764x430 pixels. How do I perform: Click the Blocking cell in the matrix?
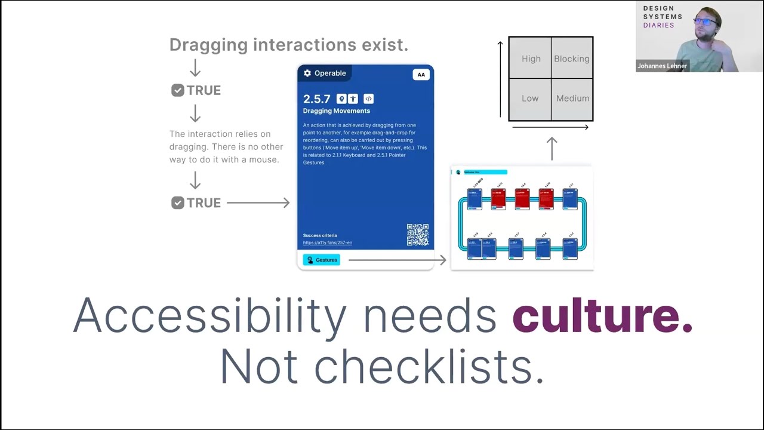(x=571, y=59)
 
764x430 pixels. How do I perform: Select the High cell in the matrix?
(x=531, y=59)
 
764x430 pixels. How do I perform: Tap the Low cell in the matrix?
(x=530, y=99)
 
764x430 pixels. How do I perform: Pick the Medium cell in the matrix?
(x=572, y=99)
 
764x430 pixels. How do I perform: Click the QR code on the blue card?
(x=418, y=235)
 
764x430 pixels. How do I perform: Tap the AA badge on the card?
(x=421, y=75)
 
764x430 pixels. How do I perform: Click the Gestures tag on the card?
(x=322, y=260)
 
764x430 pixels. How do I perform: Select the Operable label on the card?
(x=330, y=73)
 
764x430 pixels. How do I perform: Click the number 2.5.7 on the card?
(x=316, y=99)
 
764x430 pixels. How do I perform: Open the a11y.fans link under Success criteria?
(x=327, y=242)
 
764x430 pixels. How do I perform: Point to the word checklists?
(x=429, y=365)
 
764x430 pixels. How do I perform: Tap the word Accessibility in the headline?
(x=210, y=315)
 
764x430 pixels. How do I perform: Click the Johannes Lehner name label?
(x=662, y=66)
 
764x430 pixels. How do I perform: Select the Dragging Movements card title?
(x=336, y=111)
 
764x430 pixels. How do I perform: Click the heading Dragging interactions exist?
(x=289, y=45)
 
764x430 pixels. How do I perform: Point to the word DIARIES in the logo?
(x=658, y=26)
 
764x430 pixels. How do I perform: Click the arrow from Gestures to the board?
(x=397, y=260)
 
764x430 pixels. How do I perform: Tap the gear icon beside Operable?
(x=307, y=73)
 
